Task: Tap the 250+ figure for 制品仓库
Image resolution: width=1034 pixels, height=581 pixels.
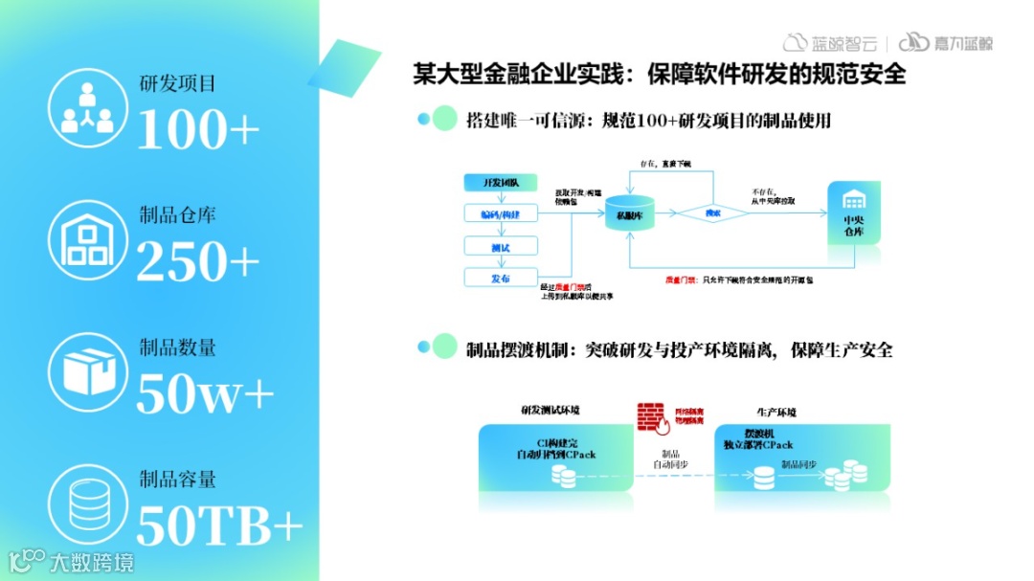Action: pyautogui.click(x=198, y=260)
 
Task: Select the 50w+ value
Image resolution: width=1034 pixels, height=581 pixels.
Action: pyautogui.click(x=205, y=392)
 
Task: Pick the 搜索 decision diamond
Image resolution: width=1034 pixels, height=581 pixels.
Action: pyautogui.click(x=712, y=213)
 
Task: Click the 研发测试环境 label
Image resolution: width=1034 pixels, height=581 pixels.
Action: pyautogui.click(x=550, y=410)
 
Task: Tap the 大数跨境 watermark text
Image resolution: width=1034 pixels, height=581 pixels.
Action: pyautogui.click(x=92, y=561)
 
